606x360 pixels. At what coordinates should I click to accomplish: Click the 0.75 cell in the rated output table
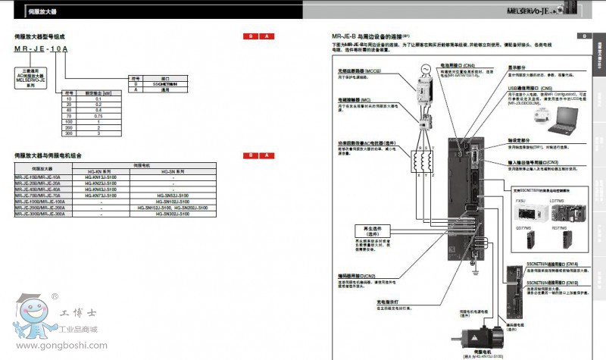[98, 115]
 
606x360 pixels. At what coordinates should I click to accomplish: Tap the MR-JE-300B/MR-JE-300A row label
[40, 214]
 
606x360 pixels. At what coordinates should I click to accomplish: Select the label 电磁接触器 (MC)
[355, 99]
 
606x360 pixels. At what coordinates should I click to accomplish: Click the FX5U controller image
[520, 210]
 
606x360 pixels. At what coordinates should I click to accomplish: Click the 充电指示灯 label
[388, 300]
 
